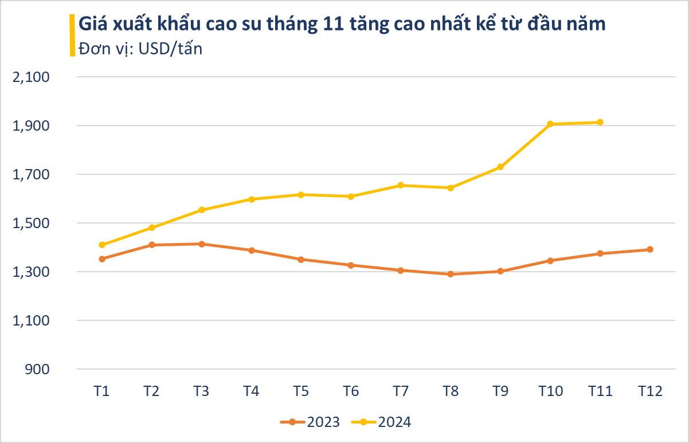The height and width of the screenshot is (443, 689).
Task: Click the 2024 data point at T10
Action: pos(550,124)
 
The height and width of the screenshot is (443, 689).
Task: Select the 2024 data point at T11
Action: pos(600,122)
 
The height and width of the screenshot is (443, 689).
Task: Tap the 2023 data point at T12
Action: pos(650,249)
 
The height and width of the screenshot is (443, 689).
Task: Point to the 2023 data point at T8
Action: pos(450,274)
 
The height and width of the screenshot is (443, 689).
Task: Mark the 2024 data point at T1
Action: pos(102,245)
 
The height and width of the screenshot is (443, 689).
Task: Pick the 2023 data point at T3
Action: pos(201,244)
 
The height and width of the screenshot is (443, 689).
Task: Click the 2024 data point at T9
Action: pos(500,167)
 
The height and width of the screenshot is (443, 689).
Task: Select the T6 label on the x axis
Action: pos(351,392)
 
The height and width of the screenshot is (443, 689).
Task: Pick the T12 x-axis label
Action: pos(650,392)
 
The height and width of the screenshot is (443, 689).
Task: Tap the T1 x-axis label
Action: pos(102,392)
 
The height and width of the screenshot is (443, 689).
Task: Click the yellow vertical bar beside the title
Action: pos(72,36)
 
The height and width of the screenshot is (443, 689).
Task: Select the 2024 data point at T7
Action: pos(400,185)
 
